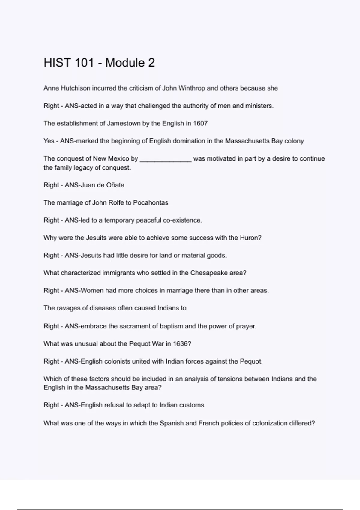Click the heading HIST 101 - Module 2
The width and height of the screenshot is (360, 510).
[99, 63]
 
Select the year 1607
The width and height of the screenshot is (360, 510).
[200, 123]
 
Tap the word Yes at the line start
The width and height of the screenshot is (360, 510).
[49, 141]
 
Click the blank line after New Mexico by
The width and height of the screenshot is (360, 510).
[166, 159]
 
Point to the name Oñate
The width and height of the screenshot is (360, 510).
[115, 185]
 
